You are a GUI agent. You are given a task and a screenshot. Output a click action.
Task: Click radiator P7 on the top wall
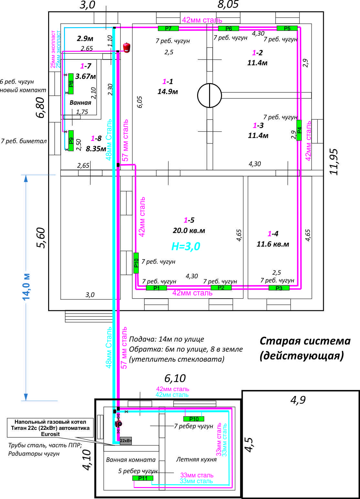click(x=168, y=28)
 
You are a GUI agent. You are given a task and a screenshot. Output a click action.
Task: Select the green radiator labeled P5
click(x=287, y=28)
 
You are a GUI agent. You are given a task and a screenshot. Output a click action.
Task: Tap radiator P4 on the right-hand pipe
click(x=299, y=130)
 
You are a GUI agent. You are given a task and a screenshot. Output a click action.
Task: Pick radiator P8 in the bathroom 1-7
click(x=71, y=84)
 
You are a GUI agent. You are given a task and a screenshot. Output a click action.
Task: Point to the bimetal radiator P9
click(x=71, y=141)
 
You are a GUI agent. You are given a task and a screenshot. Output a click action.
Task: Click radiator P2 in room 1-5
click(x=221, y=288)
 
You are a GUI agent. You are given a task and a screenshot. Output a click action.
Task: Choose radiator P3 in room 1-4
click(x=279, y=288)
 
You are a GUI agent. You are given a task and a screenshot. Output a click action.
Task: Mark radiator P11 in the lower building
click(x=143, y=478)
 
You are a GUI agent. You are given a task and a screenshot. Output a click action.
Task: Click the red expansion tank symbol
click(x=126, y=48)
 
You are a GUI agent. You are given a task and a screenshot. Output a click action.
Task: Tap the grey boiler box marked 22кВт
click(x=126, y=441)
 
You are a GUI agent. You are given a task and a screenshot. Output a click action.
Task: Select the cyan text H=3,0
click(x=186, y=247)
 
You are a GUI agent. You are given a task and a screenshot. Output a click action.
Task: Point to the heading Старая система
click(x=305, y=341)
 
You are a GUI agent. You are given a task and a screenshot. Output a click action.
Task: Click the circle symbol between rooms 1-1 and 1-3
click(x=209, y=95)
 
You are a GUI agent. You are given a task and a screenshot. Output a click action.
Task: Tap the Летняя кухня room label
click(x=196, y=459)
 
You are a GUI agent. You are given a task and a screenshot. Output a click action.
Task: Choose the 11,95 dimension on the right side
click(x=334, y=162)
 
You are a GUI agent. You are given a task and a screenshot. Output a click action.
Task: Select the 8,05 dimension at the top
click(x=228, y=5)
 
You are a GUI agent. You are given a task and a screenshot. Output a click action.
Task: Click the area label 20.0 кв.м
click(x=189, y=231)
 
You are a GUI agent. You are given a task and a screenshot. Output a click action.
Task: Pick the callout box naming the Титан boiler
click(x=50, y=428)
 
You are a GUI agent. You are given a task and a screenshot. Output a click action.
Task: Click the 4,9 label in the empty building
click(x=298, y=400)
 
